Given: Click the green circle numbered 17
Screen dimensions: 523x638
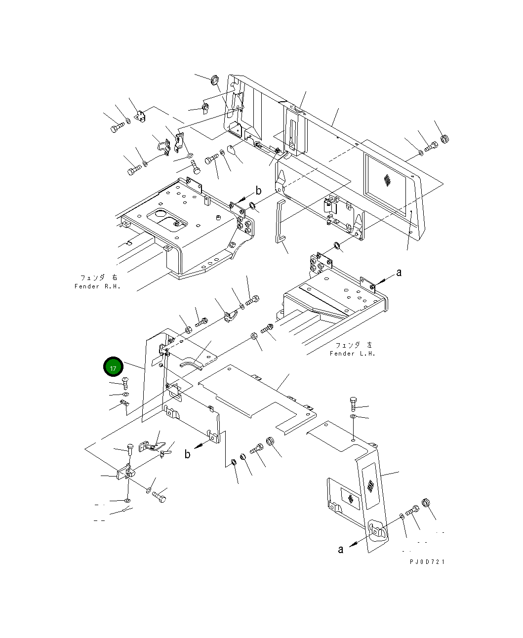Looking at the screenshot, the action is click(x=113, y=366).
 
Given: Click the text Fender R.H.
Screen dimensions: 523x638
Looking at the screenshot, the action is click(x=97, y=286).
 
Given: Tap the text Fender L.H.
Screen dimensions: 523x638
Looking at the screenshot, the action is click(x=353, y=354).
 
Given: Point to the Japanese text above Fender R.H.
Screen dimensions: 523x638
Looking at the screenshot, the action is click(x=99, y=278).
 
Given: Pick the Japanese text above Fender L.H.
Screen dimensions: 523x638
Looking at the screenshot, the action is click(x=354, y=345).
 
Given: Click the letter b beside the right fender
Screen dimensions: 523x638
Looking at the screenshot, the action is click(x=258, y=191).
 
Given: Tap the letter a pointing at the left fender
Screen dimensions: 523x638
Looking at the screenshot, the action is click(x=399, y=273).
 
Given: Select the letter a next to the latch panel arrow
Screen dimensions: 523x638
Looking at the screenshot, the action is click(x=341, y=550).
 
